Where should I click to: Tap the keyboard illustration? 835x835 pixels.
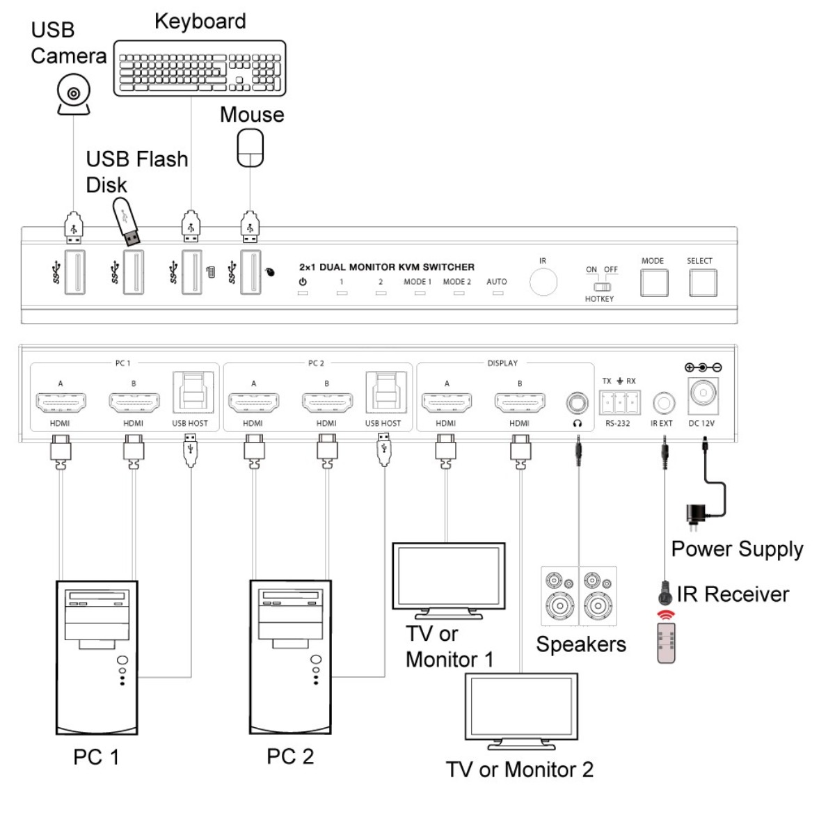[x=200, y=68]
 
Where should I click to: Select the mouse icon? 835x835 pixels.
[x=250, y=149]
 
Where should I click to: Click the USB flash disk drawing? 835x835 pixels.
[x=127, y=221]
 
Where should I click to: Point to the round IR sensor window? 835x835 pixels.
[x=543, y=282]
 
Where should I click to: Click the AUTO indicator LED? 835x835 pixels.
[x=498, y=294]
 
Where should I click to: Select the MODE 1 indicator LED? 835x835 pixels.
[x=420, y=294]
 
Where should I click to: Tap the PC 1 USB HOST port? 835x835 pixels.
[x=190, y=394]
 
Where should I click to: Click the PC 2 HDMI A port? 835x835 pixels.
[x=253, y=403]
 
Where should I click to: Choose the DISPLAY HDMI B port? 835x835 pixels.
[x=520, y=403]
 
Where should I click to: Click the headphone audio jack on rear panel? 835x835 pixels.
[x=577, y=403]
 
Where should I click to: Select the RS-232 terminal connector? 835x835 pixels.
[x=619, y=403]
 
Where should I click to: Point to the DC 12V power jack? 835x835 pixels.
[x=703, y=395]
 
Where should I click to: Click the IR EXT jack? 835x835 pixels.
[x=663, y=403]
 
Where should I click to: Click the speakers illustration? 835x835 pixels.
[x=579, y=596]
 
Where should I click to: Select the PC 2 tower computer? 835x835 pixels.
[x=290, y=656]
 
